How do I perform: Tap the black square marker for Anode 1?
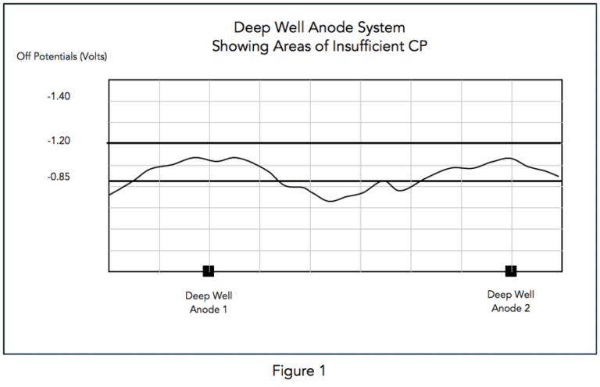[209, 271]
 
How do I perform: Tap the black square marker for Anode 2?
[511, 271]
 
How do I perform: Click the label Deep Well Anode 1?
[209, 302]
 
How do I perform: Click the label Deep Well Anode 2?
[511, 301]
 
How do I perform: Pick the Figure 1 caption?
[300, 370]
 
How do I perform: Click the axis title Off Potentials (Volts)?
[62, 57]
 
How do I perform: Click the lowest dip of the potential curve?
[331, 201]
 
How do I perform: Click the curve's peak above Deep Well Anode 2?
[508, 158]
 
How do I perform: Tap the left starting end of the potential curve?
[109, 194]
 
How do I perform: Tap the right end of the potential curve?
[559, 177]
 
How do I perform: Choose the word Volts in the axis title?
[91, 57]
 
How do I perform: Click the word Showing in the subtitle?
[237, 47]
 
